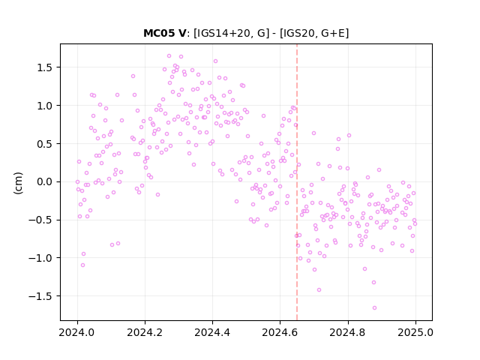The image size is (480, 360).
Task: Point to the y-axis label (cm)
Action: (18, 183)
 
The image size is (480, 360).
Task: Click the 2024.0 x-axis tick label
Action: (77, 332)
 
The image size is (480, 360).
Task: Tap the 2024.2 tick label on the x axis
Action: (145, 332)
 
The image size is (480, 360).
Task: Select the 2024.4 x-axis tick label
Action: (212, 332)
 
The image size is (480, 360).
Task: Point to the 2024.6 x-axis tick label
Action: (280, 332)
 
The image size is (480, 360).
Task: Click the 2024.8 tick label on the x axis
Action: (348, 332)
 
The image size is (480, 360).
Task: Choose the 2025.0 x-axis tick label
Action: (415, 332)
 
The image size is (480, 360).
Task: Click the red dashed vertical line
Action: (297, 182)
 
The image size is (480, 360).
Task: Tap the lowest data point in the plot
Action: (374, 307)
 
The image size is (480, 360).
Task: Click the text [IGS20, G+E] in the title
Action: (314, 33)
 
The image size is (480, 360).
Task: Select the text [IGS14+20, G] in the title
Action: (232, 33)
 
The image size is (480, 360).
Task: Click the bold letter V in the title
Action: (182, 33)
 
